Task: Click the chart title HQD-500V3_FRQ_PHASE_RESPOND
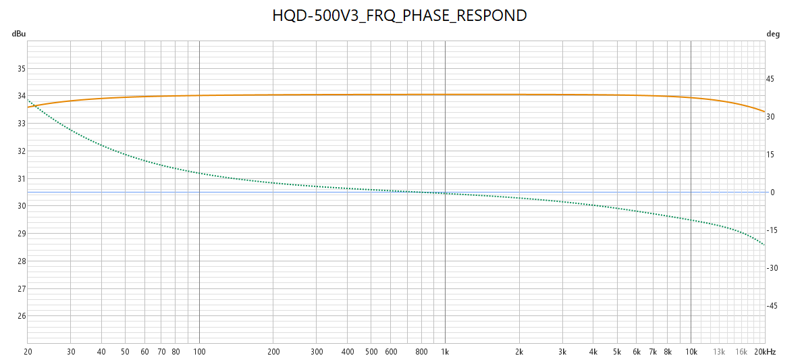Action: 399,16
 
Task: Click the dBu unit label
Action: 18,34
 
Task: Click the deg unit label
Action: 773,34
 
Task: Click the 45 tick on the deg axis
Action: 770,79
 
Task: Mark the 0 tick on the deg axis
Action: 772,192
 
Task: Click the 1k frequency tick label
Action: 445,352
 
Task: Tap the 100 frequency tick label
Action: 199,352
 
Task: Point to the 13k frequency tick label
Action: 719,352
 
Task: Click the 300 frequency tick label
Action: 317,352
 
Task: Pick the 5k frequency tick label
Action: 617,352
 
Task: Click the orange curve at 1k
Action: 445,95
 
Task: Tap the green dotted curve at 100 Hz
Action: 199,173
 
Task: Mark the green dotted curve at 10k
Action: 691,220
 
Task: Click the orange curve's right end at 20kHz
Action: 764,111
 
